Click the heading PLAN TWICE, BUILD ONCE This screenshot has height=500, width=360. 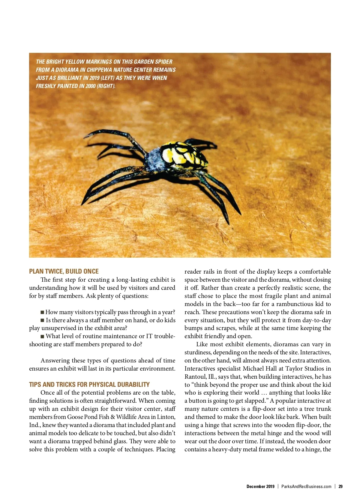point(64,271)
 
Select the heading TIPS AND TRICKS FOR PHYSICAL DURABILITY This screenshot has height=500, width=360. point(89,384)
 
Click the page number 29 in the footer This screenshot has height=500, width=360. point(340,486)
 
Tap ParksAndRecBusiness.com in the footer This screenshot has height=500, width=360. point(306,486)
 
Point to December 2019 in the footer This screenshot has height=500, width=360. point(260,486)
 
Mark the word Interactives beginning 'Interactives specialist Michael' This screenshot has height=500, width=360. point(199,368)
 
